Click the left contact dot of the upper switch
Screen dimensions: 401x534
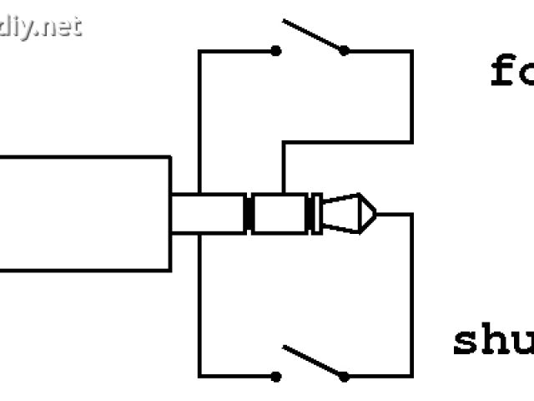(276, 51)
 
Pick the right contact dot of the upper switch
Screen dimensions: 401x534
(344, 51)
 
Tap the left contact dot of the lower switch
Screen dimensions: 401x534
(276, 376)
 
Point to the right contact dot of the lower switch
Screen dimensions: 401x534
(344, 376)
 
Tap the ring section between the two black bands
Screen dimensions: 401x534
(280, 214)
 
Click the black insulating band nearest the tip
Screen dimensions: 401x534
(315, 214)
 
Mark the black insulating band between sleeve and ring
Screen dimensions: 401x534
(248, 214)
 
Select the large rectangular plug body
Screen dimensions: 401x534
(83, 213)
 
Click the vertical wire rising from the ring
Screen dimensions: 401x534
(283, 167)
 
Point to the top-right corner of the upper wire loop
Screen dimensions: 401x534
(411, 52)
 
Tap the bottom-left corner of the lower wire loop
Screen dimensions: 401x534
(199, 376)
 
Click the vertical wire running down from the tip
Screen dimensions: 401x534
(411, 292)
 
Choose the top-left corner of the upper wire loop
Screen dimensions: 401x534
(199, 52)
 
